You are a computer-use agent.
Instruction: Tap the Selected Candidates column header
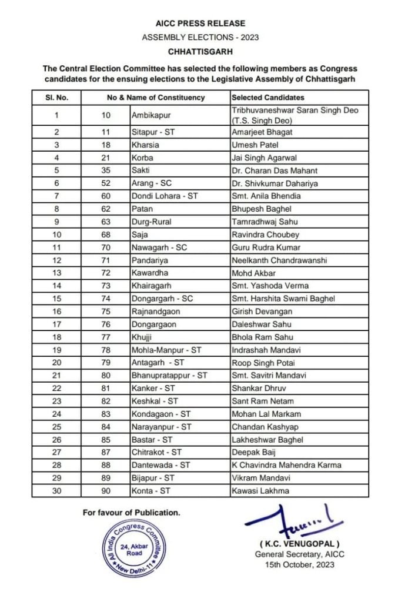(267, 97)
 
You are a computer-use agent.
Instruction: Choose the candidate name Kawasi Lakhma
(260, 490)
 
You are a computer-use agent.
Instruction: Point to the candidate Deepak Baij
(253, 452)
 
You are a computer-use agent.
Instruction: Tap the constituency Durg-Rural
(150, 222)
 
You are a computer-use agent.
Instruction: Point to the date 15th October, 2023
(299, 565)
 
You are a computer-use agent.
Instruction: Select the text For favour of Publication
(131, 513)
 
